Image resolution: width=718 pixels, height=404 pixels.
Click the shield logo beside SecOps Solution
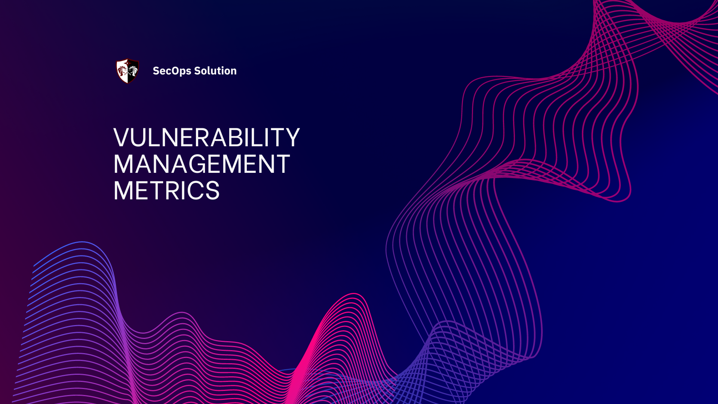point(128,71)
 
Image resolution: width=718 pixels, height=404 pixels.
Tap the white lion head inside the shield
point(133,71)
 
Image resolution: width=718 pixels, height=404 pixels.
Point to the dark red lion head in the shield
point(122,71)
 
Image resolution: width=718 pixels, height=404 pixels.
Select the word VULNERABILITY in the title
point(206,138)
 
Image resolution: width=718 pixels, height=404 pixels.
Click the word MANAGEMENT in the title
point(202,164)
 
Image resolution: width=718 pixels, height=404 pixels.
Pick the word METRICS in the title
point(166,191)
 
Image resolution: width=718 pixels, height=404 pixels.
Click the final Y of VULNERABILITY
point(291,138)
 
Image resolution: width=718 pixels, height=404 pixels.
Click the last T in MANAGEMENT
point(282,164)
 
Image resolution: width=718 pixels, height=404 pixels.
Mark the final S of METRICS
point(212,191)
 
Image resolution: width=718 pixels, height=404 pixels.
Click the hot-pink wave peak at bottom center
point(353,296)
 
